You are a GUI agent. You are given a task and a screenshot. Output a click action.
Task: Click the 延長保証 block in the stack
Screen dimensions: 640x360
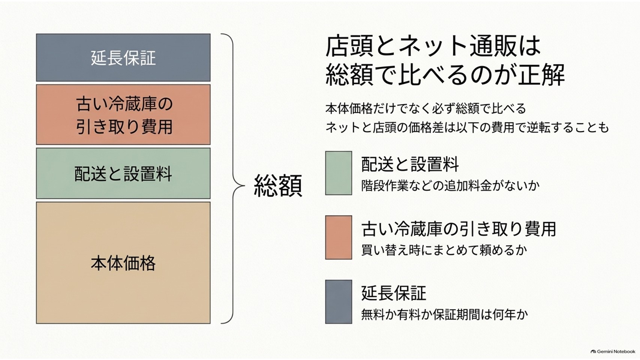point(123,57)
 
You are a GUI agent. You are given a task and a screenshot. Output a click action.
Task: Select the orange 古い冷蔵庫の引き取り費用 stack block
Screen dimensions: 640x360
point(123,114)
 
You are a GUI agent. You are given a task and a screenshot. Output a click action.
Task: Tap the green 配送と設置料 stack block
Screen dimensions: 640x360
point(123,173)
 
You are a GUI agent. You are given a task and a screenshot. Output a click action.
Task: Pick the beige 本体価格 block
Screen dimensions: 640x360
point(123,263)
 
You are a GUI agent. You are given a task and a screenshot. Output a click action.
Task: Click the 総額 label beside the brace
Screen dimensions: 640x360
point(278,186)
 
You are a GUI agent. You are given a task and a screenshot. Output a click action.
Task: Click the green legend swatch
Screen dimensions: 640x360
point(339,173)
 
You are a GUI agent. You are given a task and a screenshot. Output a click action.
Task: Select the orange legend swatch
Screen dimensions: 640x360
point(339,237)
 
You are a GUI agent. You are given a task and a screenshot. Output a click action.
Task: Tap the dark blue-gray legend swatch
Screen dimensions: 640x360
point(339,302)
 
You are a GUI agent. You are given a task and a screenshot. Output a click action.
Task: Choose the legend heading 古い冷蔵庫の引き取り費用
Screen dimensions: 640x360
point(459,229)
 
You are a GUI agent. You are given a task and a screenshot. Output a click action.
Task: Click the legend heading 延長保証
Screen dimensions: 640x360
point(394,293)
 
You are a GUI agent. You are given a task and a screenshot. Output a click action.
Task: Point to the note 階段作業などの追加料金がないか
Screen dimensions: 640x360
point(450,186)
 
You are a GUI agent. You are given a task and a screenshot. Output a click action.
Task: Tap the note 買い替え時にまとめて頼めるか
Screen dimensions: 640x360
point(444,250)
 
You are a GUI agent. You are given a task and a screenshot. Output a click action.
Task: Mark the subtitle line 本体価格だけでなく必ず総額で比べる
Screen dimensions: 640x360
point(426,109)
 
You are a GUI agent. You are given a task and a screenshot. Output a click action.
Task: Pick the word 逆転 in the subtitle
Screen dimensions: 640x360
point(538,127)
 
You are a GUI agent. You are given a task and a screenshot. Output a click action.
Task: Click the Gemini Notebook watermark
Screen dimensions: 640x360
point(613,351)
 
